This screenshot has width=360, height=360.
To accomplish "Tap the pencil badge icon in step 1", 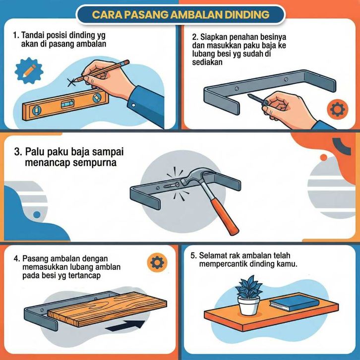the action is (29, 71).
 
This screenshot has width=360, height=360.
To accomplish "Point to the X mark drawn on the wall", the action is (71, 82).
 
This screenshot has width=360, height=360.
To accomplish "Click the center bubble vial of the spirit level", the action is (67, 104).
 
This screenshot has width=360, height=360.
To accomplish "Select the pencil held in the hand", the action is (102, 71).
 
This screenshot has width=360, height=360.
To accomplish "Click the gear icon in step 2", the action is (338, 109).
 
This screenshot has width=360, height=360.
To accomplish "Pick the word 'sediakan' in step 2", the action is (207, 62).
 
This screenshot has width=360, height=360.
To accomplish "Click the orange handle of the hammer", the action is (225, 216).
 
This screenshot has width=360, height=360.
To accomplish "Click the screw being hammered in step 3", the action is (172, 185).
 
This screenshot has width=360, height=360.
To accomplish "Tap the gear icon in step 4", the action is (157, 263).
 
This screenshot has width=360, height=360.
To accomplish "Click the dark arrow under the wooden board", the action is (125, 326).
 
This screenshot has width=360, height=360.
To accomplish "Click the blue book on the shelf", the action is (295, 302).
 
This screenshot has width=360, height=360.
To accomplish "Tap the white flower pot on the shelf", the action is (248, 305).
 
